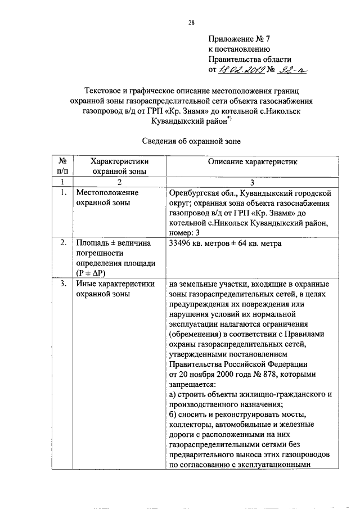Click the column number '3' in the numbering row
[x=251, y=182]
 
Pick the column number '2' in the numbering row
[x=119, y=182]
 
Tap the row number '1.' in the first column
[x=63, y=193]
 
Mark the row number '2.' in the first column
[x=63, y=244]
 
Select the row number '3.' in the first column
[x=63, y=284]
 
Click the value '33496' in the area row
[x=181, y=244]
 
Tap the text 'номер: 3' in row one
[x=184, y=233]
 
